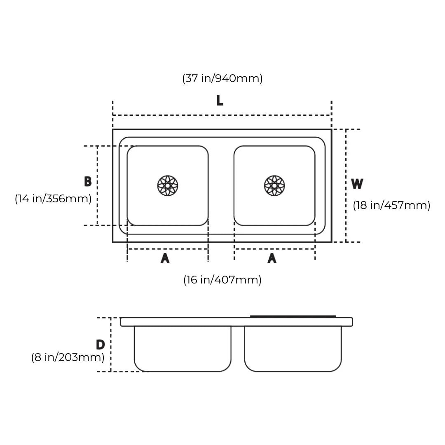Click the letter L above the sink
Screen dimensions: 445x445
coord(220,100)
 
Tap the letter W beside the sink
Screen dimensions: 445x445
coord(357,184)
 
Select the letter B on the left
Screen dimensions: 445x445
coord(87,182)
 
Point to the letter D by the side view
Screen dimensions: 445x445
coord(100,344)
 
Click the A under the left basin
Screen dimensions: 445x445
coord(165,258)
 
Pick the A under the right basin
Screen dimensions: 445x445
coord(272,258)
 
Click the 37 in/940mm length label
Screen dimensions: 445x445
coord(222,78)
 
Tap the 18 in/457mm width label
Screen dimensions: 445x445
coord(391,205)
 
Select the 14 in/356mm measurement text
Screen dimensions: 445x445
coord(53,199)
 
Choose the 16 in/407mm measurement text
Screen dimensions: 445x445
coord(222,280)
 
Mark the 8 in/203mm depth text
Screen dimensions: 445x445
coord(68,357)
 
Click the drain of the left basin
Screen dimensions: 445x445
coord(168,185)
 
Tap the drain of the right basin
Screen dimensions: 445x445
coord(274,185)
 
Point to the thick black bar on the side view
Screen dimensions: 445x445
coord(293,316)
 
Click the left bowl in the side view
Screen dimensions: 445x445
coord(183,348)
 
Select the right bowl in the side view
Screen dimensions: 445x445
coord(293,348)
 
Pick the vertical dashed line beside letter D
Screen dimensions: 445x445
coord(110,344)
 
